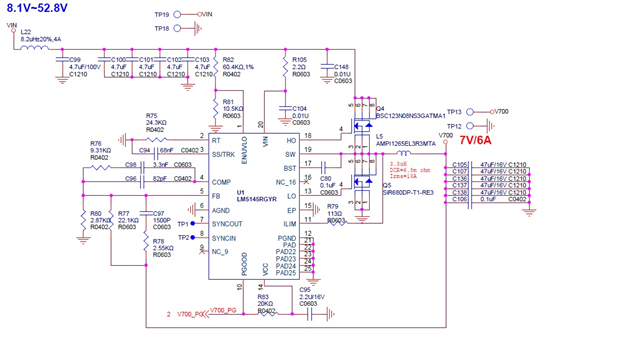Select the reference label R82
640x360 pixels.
[x=229, y=59]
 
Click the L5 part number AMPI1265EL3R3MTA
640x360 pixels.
[x=406, y=144]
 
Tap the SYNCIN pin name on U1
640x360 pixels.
[x=224, y=238]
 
